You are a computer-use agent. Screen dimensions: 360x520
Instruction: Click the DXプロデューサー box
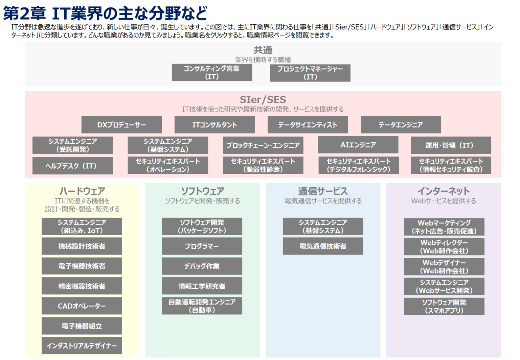[121, 125]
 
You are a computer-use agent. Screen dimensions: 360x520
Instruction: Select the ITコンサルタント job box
[214, 125]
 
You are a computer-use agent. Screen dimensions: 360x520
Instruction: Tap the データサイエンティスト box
[308, 125]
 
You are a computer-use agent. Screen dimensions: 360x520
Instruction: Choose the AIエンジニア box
[358, 145]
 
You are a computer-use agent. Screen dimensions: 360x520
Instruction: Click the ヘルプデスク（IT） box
[72, 166]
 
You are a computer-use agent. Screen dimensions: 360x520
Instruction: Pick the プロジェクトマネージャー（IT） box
[310, 73]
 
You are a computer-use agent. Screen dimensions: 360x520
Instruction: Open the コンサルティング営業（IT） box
[212, 73]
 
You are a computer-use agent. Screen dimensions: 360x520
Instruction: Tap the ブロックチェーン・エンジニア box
[263, 145]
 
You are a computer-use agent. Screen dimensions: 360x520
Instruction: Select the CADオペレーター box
[82, 306]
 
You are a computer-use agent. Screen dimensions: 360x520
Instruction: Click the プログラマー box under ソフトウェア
[202, 246]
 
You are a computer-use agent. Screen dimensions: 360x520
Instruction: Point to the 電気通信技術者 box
[323, 246]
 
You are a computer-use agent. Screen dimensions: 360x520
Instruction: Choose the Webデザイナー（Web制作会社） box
[444, 267]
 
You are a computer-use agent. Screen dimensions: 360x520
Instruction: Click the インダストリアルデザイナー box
[82, 345]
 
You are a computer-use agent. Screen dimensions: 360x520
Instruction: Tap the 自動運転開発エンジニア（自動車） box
[202, 306]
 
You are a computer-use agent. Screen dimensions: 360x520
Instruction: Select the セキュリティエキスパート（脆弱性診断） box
[263, 165]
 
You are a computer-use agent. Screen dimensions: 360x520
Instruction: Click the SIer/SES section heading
[263, 100]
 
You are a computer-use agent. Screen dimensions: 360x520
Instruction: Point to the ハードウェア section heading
[82, 191]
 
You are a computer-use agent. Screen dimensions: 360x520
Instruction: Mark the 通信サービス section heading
[323, 191]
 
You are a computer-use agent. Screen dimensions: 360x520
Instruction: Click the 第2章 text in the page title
[24, 14]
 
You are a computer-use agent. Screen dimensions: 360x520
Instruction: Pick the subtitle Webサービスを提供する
[444, 201]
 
